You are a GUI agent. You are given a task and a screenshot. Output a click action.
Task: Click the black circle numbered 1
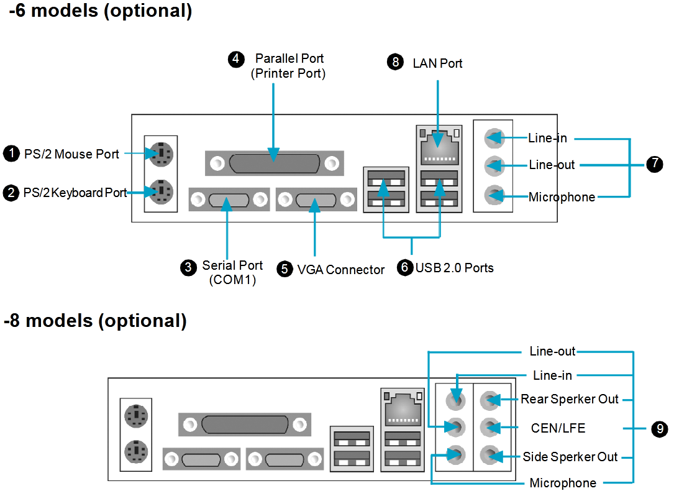12,154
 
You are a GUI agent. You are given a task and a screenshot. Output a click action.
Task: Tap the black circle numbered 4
236,59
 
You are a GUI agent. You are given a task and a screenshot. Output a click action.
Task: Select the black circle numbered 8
395,62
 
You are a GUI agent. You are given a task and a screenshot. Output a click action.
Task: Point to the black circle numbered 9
659,428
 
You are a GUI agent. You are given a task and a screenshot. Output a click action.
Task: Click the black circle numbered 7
654,164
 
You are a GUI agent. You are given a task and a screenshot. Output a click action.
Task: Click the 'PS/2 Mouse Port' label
71,154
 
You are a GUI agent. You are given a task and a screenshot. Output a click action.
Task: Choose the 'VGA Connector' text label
340,270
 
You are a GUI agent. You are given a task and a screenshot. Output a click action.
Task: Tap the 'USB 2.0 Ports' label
454,268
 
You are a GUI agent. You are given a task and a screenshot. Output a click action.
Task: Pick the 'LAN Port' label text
437,63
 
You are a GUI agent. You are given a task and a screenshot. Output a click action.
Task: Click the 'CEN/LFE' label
558,428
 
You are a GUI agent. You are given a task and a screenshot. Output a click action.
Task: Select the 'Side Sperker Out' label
570,457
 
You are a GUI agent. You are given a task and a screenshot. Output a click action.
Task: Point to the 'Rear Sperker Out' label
570,399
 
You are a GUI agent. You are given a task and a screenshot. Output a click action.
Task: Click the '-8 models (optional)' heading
95,321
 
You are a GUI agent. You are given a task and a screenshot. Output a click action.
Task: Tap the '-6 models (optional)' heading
100,11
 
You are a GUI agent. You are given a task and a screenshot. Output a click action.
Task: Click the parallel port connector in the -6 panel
275,163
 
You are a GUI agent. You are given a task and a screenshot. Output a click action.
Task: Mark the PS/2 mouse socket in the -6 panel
161,153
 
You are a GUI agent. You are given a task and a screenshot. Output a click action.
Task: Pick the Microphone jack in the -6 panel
493,195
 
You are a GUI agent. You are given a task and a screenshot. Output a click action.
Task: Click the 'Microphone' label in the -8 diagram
563,483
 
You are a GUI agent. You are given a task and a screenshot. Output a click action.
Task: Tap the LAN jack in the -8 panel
403,408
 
